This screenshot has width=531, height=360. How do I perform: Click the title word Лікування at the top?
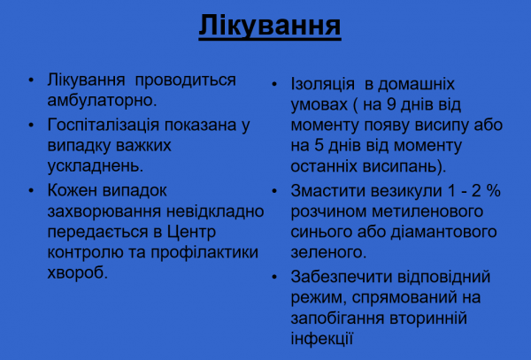tap(267, 24)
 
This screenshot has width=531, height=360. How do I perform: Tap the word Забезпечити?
tap(342, 277)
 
